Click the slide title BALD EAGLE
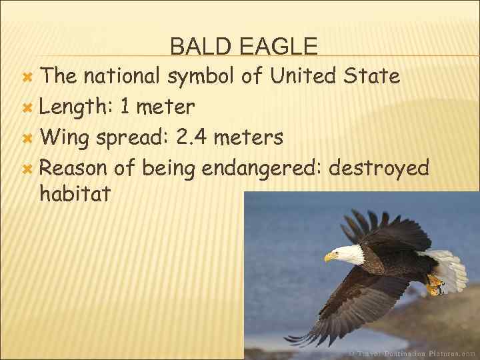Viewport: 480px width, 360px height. tap(243, 46)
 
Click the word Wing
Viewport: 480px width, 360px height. tap(66, 138)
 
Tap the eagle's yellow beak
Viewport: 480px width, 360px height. tap(331, 257)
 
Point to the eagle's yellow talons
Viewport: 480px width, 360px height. tap(435, 285)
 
